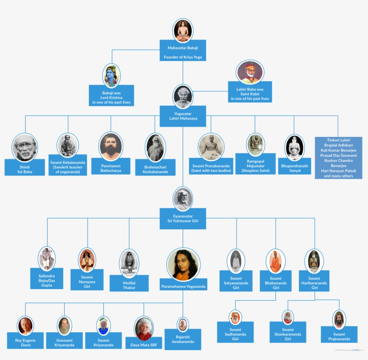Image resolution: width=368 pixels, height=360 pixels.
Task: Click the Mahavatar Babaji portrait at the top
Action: click(183, 31)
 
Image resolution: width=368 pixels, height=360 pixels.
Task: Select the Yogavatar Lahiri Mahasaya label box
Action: click(183, 116)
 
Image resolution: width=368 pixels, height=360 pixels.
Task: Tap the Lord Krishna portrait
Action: click(111, 75)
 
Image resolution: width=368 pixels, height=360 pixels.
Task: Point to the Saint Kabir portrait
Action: click(250, 72)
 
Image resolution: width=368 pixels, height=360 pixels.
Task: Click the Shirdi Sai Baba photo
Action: click(25, 146)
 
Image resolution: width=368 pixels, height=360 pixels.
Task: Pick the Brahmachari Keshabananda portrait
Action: click(156, 147)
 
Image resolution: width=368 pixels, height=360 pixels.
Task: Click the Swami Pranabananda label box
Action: click(210, 168)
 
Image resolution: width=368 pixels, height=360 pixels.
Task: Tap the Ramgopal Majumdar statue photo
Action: click(255, 145)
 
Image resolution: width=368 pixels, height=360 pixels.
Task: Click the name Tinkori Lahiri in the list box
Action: click(338, 140)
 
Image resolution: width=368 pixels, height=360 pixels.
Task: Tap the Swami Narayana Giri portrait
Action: click(87, 259)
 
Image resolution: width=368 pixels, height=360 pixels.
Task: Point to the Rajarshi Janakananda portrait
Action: click(182, 324)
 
